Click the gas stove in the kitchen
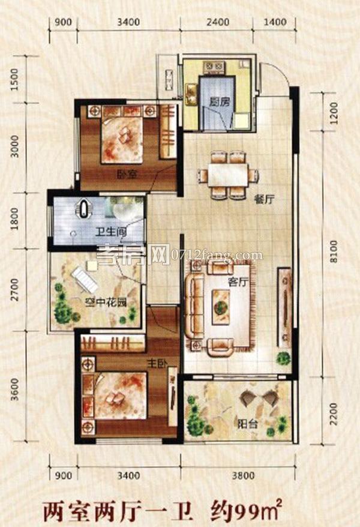pos(214,66)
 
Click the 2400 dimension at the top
pos(218,22)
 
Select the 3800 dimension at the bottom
pos(243,475)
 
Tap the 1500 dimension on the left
pos(14,80)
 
